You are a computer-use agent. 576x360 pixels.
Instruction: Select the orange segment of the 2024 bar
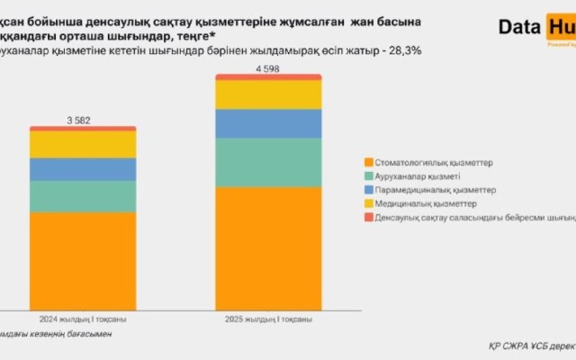pyautogui.click(x=82, y=260)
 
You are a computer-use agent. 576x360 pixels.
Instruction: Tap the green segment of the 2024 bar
pyautogui.click(x=82, y=196)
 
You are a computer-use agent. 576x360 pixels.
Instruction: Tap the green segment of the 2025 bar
pyautogui.click(x=268, y=162)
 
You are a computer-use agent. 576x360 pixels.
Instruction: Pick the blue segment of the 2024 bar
pyautogui.click(x=82, y=169)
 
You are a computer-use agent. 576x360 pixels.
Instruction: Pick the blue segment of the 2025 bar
pyautogui.click(x=268, y=123)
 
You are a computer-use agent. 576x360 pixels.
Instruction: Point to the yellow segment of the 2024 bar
pyautogui.click(x=82, y=144)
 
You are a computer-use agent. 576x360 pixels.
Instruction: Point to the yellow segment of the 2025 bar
pyautogui.click(x=268, y=94)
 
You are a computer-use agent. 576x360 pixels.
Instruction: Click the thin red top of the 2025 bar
pyautogui.click(x=268, y=76)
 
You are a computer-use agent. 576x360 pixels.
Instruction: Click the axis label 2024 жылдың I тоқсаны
pyautogui.click(x=82, y=319)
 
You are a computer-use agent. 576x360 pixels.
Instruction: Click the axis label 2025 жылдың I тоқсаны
pyautogui.click(x=268, y=319)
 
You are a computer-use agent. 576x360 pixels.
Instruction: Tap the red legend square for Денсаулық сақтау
pyautogui.click(x=368, y=219)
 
